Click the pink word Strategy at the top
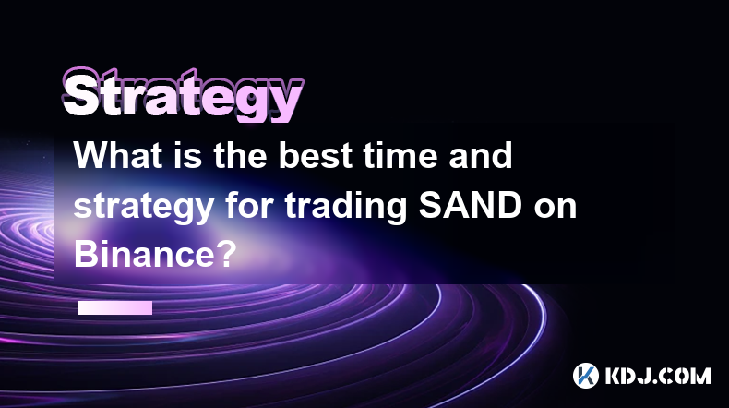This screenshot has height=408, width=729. [x=183, y=95]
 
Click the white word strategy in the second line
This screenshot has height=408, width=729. [x=144, y=207]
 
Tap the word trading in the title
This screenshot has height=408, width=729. [x=346, y=207]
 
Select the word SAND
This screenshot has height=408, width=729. [x=470, y=206]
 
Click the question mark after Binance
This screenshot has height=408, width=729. [x=226, y=255]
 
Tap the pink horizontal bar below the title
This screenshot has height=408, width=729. [x=115, y=307]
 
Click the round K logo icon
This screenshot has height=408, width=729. [x=586, y=376]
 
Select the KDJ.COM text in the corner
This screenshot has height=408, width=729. [x=657, y=376]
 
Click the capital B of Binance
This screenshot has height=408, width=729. [x=85, y=255]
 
